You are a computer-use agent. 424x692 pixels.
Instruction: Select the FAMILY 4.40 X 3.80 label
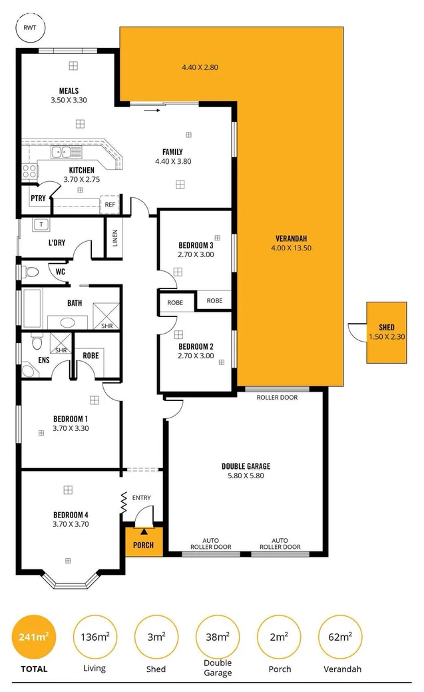pos(172,157)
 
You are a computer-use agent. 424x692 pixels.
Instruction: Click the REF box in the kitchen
pos(110,204)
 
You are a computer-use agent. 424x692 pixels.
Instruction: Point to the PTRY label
pos(37,198)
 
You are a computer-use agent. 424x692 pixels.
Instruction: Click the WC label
pos(60,272)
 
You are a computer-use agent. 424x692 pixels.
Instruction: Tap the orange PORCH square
pos(144,540)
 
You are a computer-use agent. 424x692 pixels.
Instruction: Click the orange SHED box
pos(386,332)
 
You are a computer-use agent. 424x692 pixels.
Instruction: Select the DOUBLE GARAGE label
pos(246,471)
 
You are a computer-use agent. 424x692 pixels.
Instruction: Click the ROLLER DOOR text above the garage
pos(277,398)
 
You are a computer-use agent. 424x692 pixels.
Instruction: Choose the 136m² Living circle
pos(94,637)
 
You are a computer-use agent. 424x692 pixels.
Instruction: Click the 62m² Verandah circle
pos(340,637)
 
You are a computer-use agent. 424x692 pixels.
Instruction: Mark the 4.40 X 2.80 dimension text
pos(200,67)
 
